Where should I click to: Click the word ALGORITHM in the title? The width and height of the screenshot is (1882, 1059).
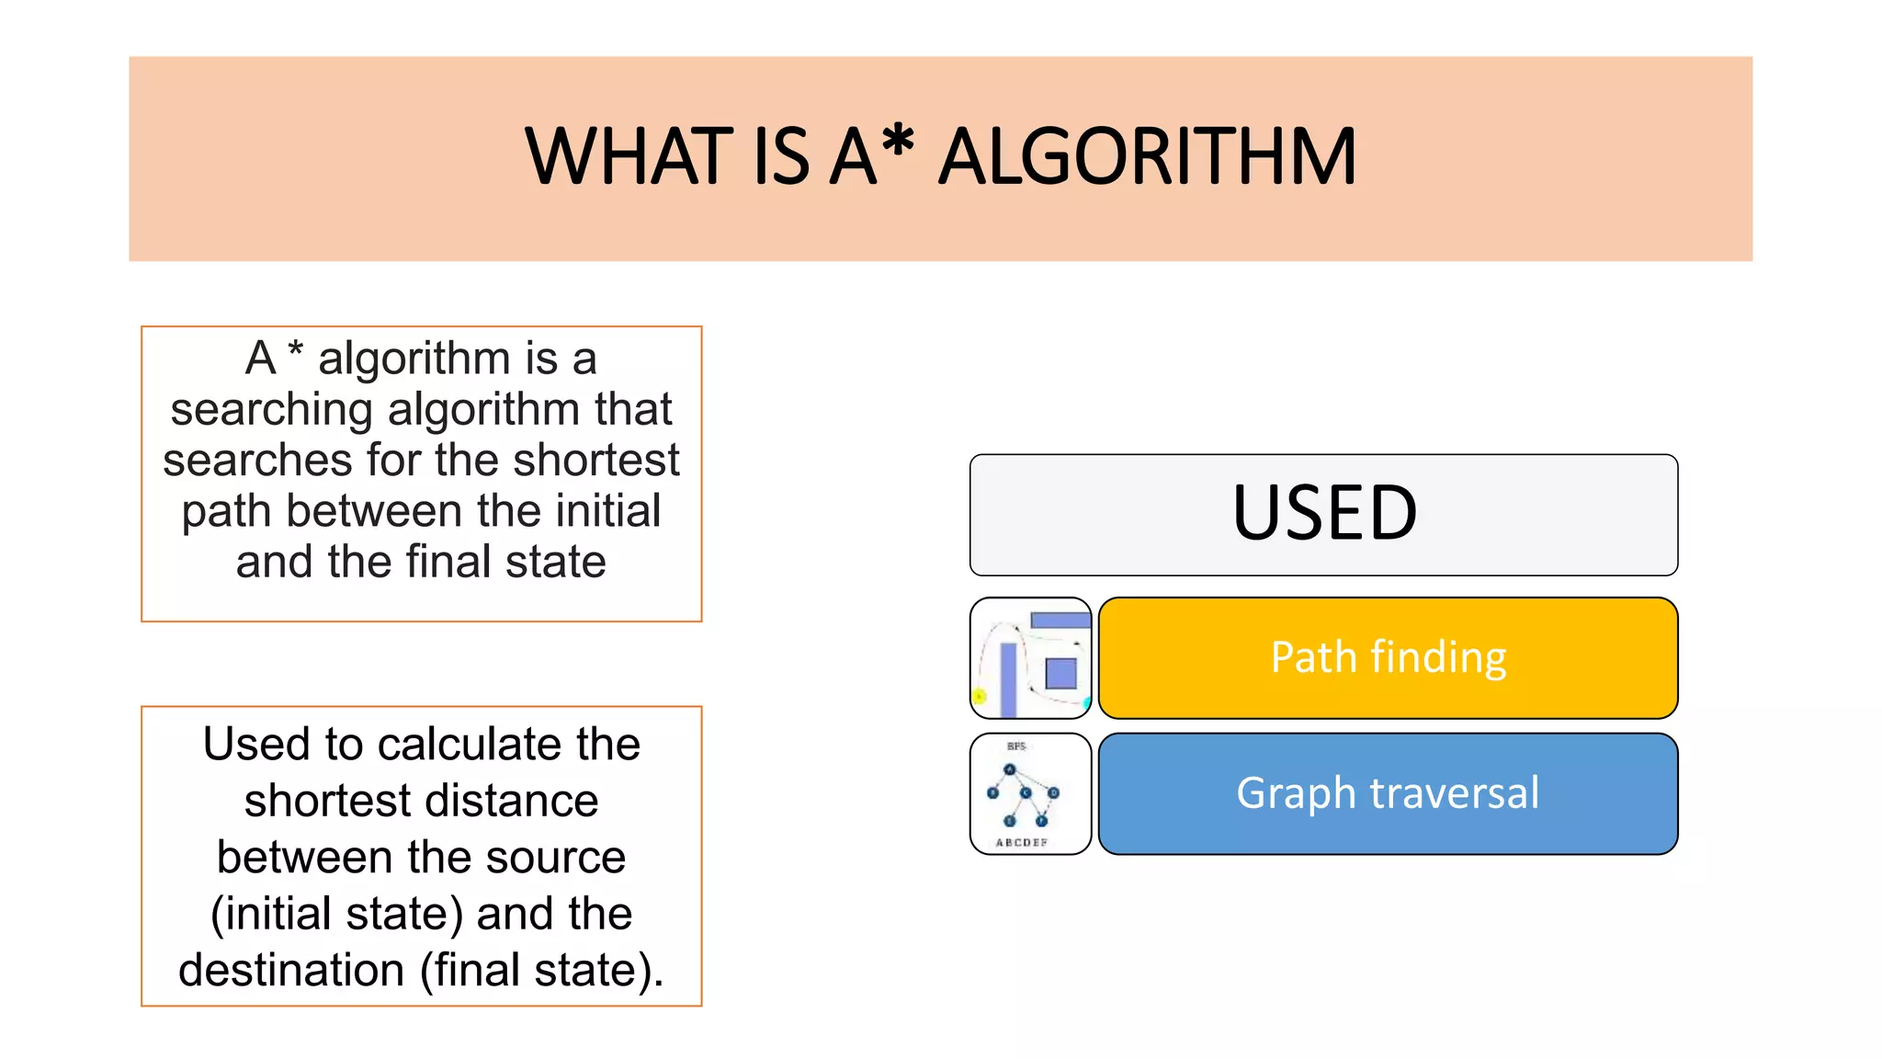[x=1146, y=157]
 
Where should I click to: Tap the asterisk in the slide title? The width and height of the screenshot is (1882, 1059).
[x=897, y=145]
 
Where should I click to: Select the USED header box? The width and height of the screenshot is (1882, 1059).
[x=1323, y=515]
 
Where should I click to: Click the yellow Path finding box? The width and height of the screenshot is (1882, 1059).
[x=1388, y=658]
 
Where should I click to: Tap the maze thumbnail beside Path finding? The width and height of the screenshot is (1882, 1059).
[x=1030, y=658]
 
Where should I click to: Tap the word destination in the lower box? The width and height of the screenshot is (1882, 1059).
[x=291, y=970]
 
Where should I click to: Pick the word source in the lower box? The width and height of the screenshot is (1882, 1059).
[x=555, y=858]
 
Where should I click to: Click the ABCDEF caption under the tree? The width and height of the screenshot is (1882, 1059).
[x=1021, y=842]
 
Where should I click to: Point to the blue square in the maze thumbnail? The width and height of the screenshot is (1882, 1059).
[x=1061, y=673]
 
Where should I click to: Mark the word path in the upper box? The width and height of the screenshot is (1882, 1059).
[x=230, y=511]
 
